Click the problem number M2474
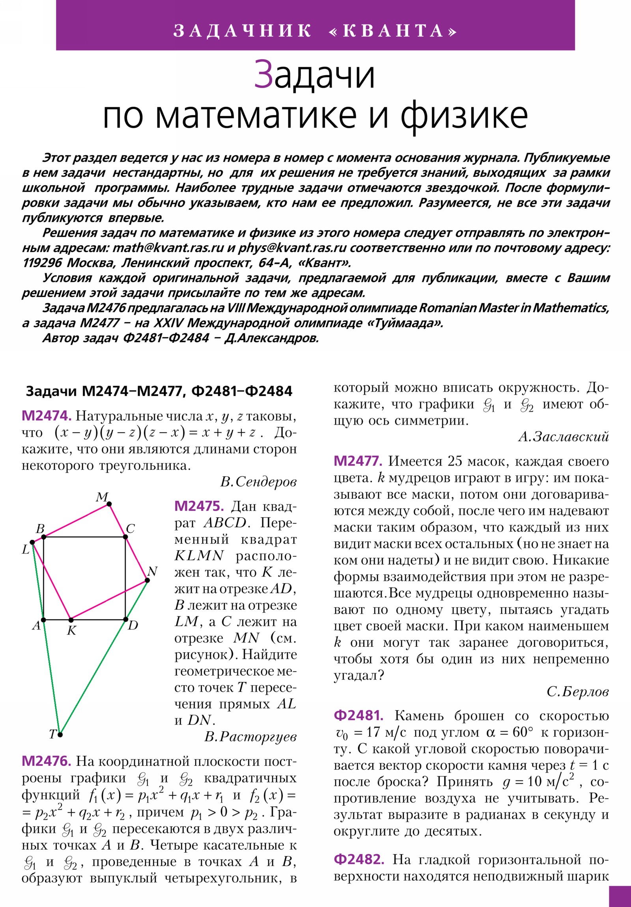[46, 416]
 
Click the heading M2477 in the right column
[358, 461]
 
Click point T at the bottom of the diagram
[60, 735]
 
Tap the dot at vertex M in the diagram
[109, 504]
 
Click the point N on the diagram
[147, 580]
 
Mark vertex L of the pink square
[32, 542]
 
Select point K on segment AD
[70, 620]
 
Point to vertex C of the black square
[125, 536]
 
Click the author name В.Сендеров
[258, 482]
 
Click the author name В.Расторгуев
[250, 737]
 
